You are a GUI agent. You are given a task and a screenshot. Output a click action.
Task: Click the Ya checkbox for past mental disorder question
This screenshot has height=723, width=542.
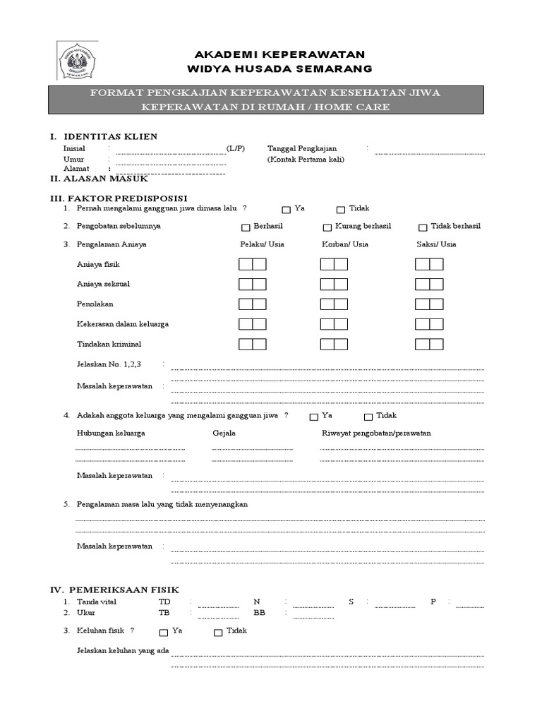(x=286, y=210)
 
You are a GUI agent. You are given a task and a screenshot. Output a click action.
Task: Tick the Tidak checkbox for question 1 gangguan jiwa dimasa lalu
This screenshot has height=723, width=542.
(x=341, y=210)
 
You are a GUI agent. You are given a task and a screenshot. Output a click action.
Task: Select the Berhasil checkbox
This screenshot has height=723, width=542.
(x=246, y=227)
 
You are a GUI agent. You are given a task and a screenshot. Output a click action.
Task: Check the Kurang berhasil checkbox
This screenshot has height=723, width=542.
(x=327, y=227)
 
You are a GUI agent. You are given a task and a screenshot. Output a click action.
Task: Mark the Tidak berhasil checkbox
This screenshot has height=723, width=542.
(x=423, y=227)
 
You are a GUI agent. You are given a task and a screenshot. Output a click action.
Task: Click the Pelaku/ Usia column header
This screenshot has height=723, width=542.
(x=262, y=244)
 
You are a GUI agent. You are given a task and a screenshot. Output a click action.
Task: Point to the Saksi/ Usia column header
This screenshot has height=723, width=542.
(x=436, y=244)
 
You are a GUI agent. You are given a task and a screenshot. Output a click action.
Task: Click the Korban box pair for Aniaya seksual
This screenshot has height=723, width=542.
(x=334, y=285)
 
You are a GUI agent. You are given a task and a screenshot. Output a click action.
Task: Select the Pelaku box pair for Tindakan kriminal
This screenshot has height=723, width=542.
(x=252, y=345)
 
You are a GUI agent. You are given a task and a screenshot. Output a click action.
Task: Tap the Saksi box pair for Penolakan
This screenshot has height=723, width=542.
(x=429, y=304)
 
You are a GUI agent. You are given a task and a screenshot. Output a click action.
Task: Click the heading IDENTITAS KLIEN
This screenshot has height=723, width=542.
(x=110, y=136)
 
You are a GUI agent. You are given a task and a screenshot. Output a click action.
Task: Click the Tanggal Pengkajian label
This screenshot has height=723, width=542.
(x=302, y=149)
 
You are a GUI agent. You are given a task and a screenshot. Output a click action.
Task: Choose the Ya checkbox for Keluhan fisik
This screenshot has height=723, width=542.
(x=164, y=633)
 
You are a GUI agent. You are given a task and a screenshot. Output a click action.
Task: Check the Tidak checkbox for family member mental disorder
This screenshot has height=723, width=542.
(x=368, y=417)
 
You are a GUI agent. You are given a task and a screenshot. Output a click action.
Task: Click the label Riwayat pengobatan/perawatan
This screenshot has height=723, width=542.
(x=376, y=433)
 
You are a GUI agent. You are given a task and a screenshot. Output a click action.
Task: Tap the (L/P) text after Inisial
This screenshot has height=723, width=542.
(x=236, y=149)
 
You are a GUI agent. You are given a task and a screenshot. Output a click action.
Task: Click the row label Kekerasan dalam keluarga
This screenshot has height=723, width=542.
(x=123, y=324)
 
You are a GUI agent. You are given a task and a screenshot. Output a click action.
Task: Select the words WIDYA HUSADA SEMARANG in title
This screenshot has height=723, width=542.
(x=279, y=68)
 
